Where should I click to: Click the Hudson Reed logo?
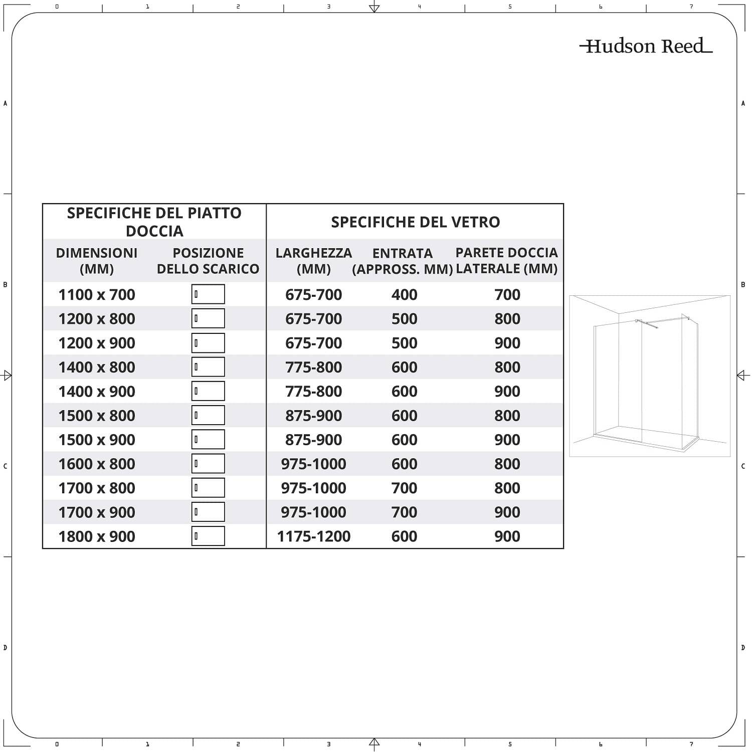tap(646, 46)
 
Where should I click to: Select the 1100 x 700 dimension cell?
tap(97, 295)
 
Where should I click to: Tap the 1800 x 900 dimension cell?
tap(97, 536)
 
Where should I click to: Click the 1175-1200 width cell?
tap(314, 536)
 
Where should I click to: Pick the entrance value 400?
tap(404, 295)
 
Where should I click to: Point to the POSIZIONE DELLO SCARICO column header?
tap(208, 261)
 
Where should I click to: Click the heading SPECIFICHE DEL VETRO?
tap(415, 222)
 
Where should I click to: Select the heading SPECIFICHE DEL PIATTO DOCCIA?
tap(154, 222)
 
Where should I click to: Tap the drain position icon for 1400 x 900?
tap(208, 391)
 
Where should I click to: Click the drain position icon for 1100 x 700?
tap(208, 294)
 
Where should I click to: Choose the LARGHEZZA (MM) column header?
tap(314, 261)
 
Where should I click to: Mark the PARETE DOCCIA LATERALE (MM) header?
tap(506, 261)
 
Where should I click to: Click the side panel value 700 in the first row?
tap(507, 295)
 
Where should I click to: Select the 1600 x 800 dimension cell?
tap(97, 464)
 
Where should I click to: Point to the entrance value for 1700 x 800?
tap(404, 488)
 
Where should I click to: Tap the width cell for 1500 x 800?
tap(314, 416)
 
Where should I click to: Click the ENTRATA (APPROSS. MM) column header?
tap(403, 261)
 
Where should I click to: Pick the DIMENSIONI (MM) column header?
tap(97, 261)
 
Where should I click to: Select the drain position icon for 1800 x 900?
tap(208, 536)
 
